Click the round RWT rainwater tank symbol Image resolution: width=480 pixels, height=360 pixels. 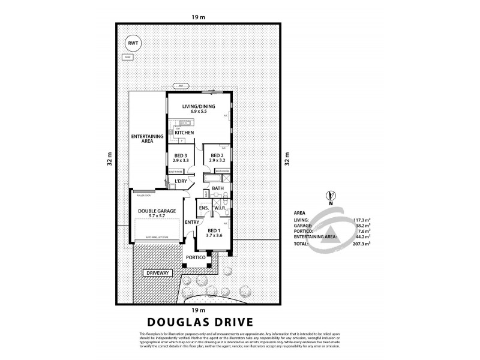[x=131, y=43]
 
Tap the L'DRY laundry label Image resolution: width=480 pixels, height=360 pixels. [x=180, y=181]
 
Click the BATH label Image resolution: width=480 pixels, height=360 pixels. [x=217, y=189]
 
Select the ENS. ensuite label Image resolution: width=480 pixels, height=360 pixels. [x=203, y=208]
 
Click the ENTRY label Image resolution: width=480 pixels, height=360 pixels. [x=192, y=223]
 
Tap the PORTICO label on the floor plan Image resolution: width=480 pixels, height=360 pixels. [x=196, y=258]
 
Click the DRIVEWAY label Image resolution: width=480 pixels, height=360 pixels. [x=158, y=272]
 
